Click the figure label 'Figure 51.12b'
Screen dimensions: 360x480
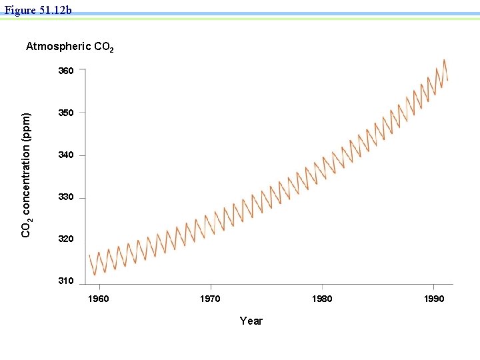pyautogui.click(x=38, y=10)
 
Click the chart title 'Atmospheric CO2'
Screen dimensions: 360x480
pyautogui.click(x=69, y=47)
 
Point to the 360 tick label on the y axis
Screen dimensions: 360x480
pyautogui.click(x=66, y=70)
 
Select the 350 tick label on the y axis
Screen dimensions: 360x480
pyautogui.click(x=66, y=113)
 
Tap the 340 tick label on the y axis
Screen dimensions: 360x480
pyautogui.click(x=66, y=155)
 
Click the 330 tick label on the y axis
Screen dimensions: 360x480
pyautogui.click(x=66, y=198)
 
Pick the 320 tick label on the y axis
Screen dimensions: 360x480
pyautogui.click(x=66, y=239)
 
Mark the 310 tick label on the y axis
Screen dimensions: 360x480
pyautogui.click(x=66, y=281)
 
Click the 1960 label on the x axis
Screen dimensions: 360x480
pyautogui.click(x=99, y=299)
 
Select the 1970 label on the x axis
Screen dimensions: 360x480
pyautogui.click(x=210, y=299)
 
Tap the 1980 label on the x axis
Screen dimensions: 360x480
pyautogui.click(x=322, y=299)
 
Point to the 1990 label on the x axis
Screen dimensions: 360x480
pyautogui.click(x=433, y=299)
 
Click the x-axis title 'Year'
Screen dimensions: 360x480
pyautogui.click(x=251, y=321)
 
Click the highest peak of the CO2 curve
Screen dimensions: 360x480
pyautogui.click(x=444, y=60)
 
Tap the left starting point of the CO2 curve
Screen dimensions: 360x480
pyautogui.click(x=89, y=255)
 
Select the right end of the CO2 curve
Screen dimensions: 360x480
pyautogui.click(x=447, y=80)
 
